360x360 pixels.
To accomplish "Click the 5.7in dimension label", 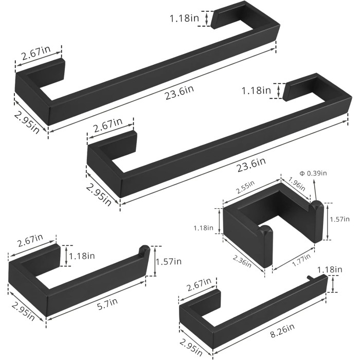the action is click(107, 304).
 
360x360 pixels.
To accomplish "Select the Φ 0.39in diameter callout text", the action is click(313, 173).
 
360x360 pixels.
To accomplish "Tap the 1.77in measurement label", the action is click(301, 260).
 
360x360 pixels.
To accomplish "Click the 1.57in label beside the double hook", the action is click(340, 219).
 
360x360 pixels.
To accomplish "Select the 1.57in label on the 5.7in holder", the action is click(169, 261).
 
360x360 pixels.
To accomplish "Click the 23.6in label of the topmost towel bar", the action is click(179, 92).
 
